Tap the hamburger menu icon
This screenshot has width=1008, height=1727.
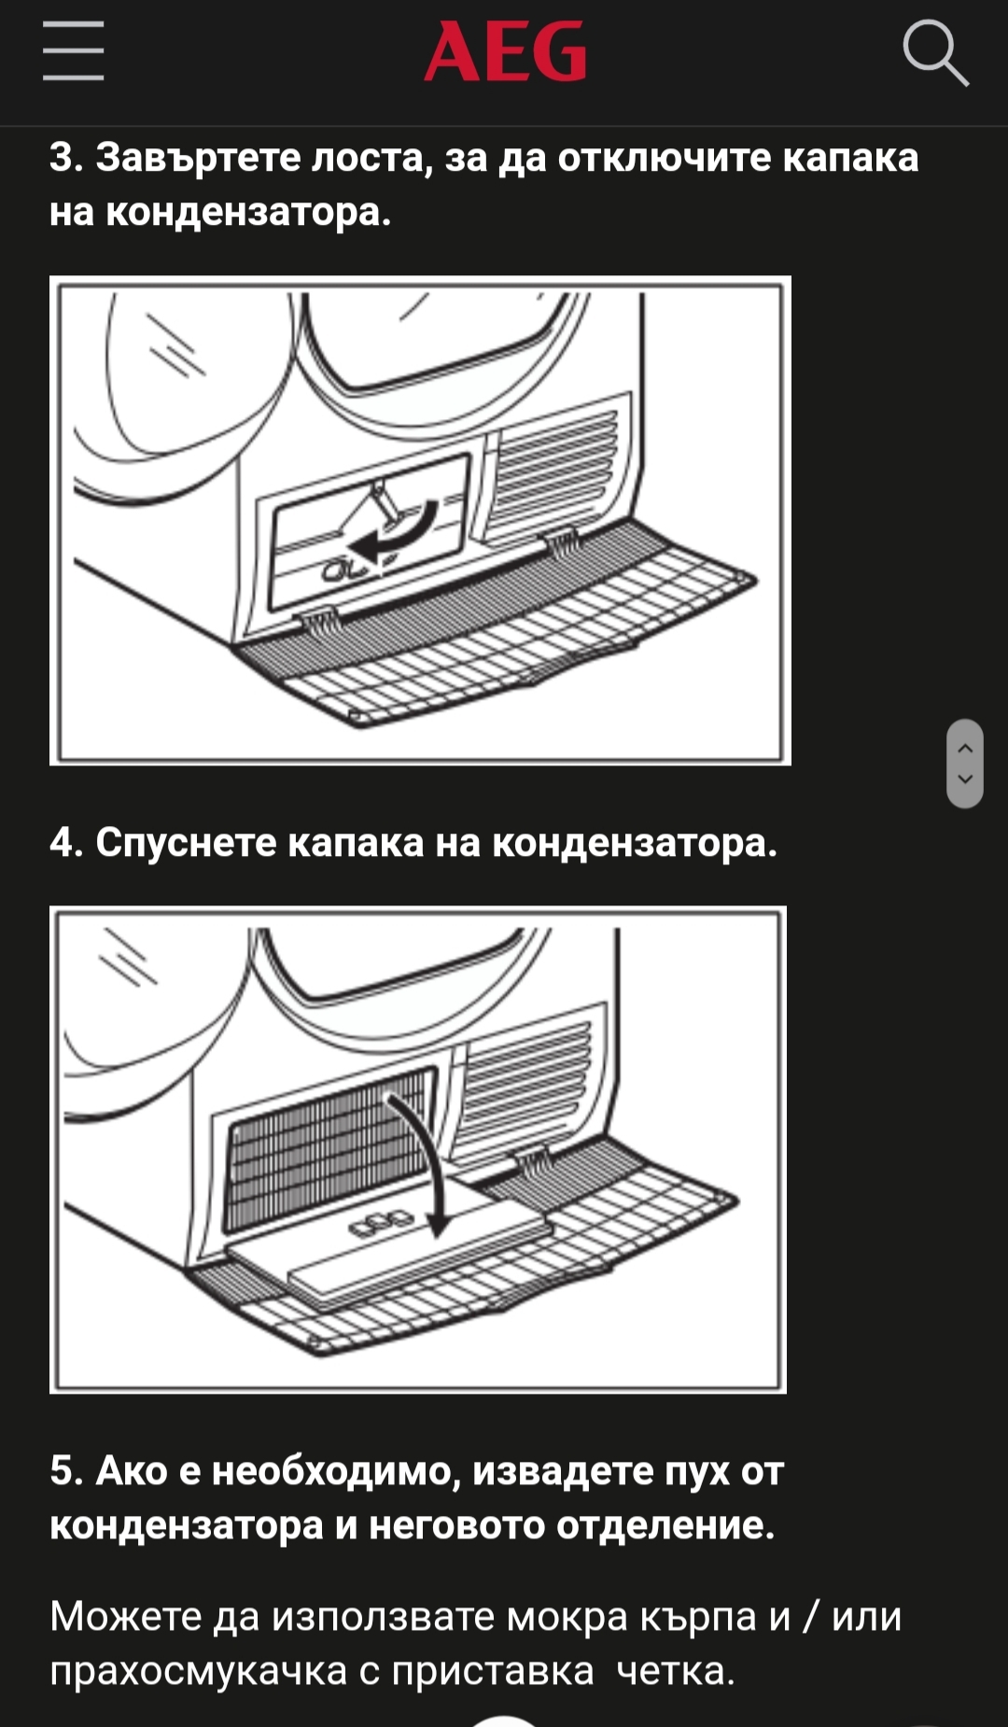click(x=73, y=51)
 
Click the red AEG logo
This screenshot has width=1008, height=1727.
click(x=505, y=51)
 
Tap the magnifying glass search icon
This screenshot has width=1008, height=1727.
click(x=936, y=54)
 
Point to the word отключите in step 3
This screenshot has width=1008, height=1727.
click(x=665, y=157)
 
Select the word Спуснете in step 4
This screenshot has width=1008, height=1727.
click(x=186, y=842)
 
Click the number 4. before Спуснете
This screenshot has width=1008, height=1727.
click(x=66, y=842)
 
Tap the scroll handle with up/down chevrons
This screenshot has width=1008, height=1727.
click(x=965, y=763)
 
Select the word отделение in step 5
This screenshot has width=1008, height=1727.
click(x=665, y=1525)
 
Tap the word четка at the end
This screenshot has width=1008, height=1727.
click(x=676, y=1671)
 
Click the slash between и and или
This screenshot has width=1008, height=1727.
click(x=811, y=1616)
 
